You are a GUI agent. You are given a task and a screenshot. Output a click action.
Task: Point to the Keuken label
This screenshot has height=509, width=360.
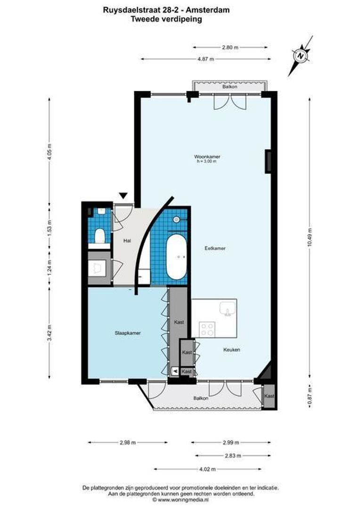click(x=232, y=350)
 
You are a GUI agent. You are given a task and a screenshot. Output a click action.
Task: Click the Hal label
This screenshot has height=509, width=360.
click(x=127, y=241)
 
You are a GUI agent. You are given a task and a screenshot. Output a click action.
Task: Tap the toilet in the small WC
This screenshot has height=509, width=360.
click(x=99, y=235)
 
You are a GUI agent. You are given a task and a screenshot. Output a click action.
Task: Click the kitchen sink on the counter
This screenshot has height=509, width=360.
click(x=229, y=309)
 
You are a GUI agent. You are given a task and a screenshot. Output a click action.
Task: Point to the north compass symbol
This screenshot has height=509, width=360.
click(x=300, y=56)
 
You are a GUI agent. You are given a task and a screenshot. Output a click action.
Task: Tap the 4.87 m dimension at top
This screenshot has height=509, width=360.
click(x=205, y=59)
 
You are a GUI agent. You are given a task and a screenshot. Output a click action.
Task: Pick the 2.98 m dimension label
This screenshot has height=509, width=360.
click(x=127, y=443)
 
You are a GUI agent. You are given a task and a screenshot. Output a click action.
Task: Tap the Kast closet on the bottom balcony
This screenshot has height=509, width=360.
click(x=269, y=396)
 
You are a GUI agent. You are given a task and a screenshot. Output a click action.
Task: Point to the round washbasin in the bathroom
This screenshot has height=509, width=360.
click(x=176, y=219)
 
